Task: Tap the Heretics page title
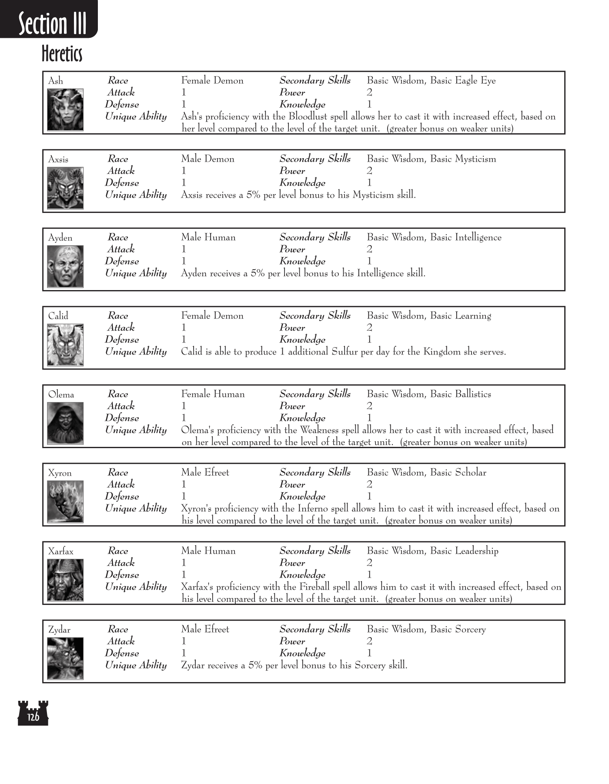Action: pos(62,54)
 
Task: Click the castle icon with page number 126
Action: pos(33,713)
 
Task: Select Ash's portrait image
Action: pos(65,110)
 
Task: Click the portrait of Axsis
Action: pos(65,188)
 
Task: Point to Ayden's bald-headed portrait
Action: pos(65,267)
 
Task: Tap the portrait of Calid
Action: pos(65,345)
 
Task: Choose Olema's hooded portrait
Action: pos(65,423)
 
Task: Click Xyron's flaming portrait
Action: pos(65,502)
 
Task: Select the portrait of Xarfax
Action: pos(65,580)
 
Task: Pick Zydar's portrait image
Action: pos(65,659)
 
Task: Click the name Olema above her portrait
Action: pos(61,395)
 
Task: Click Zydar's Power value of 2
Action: pos(369,641)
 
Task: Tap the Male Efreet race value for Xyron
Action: pos(205,473)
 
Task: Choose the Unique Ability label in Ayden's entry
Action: pos(136,274)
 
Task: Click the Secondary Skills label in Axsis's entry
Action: pos(315,159)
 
